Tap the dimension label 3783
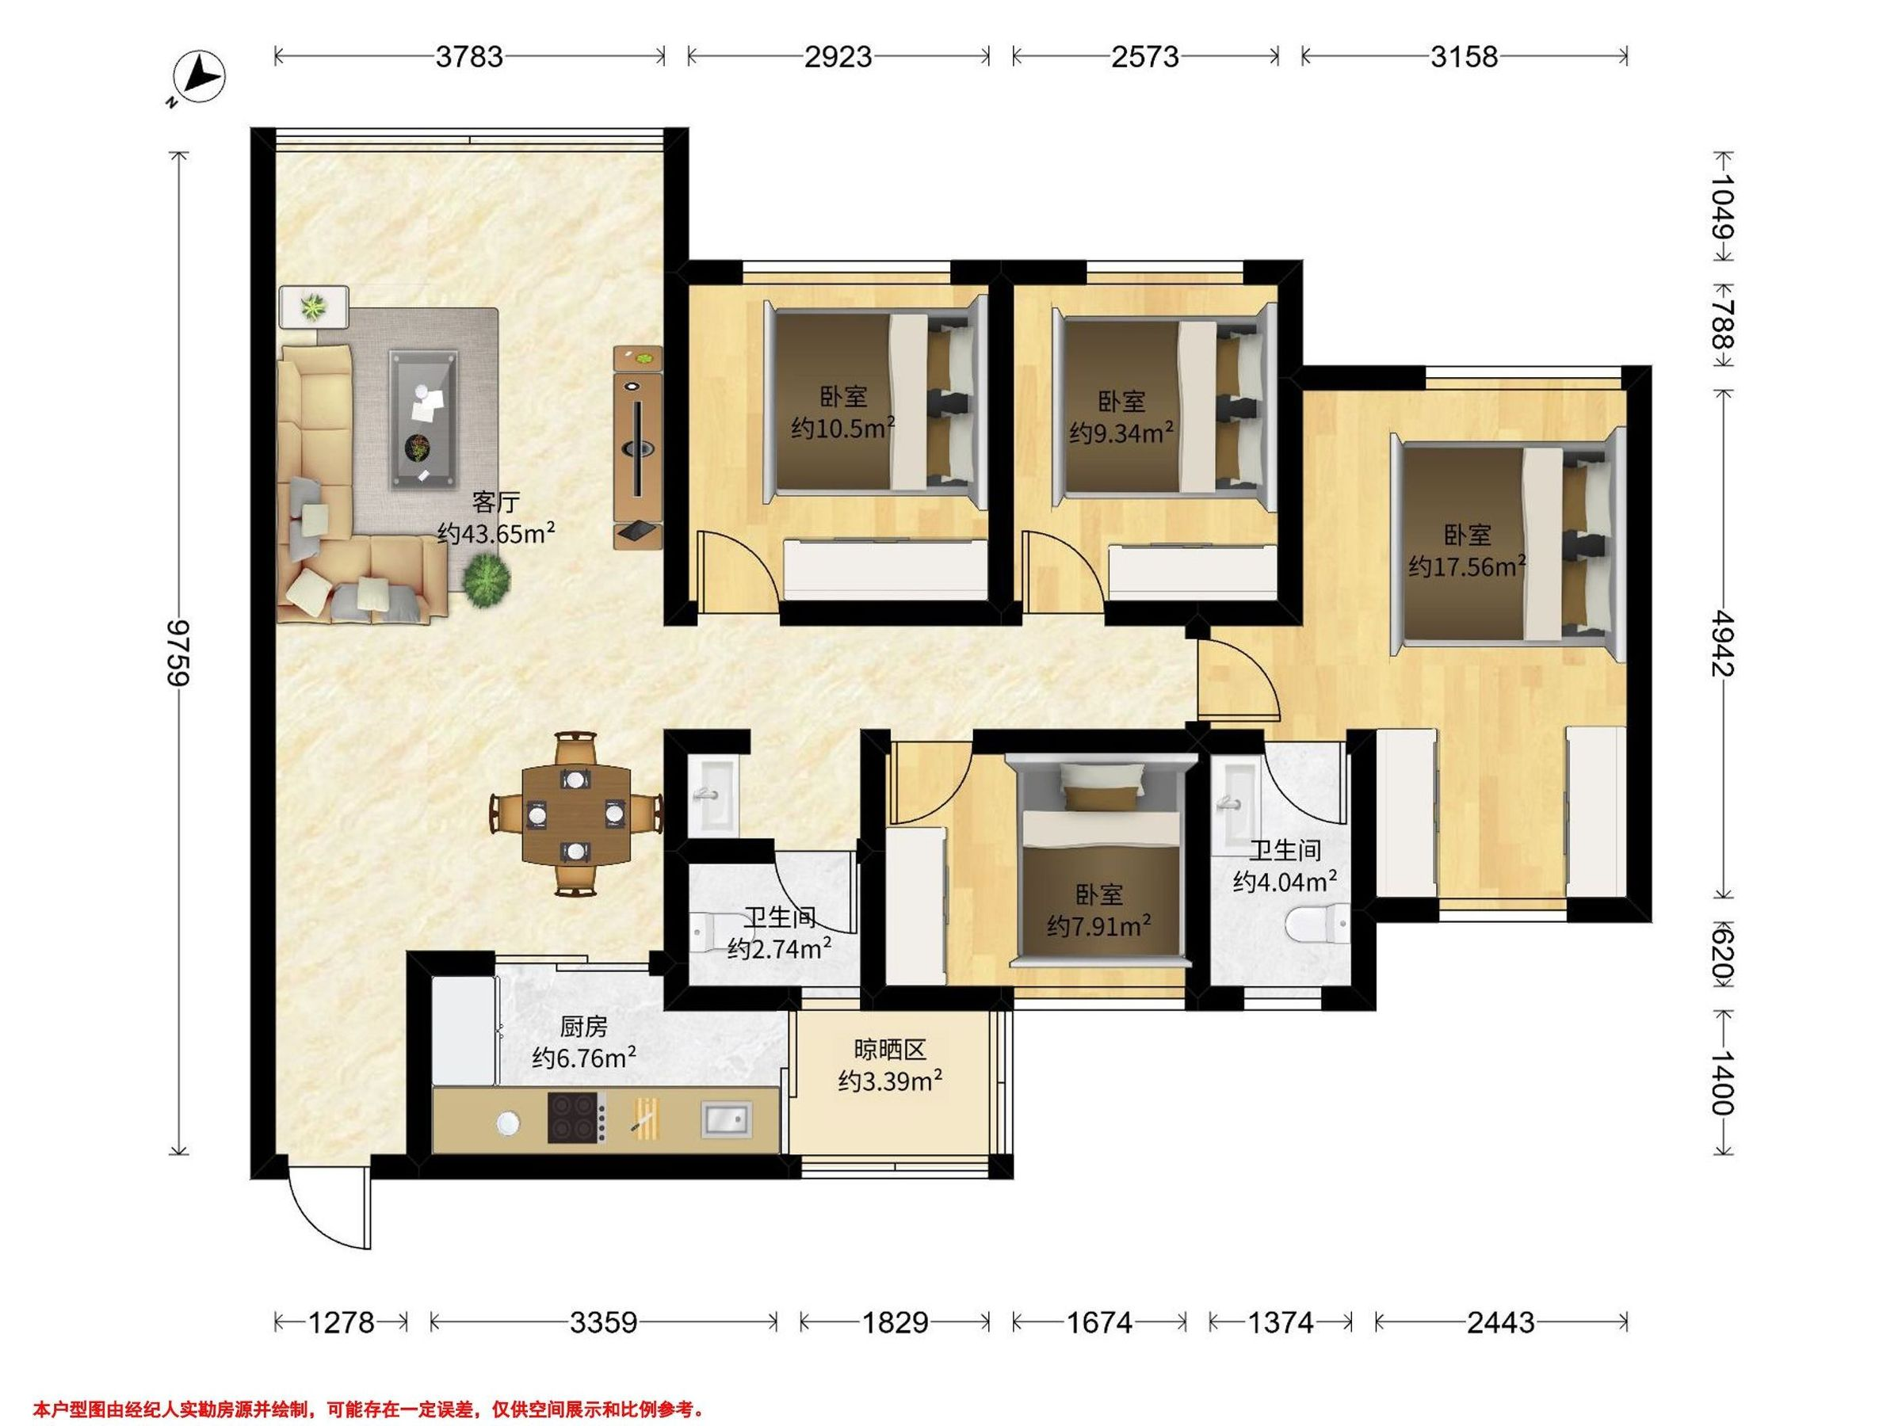pos(468,57)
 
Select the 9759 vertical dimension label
pos(179,653)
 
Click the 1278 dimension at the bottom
pos(342,1322)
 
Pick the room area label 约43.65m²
pos(496,534)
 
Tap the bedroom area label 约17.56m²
pos(1467,566)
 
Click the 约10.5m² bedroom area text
pos(843,427)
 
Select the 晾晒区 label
pos(890,1050)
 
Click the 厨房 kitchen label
pos(584,1026)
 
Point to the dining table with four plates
pos(575,812)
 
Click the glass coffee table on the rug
pos(423,419)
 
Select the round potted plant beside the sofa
pos(487,581)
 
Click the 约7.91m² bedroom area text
pos(1100,926)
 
